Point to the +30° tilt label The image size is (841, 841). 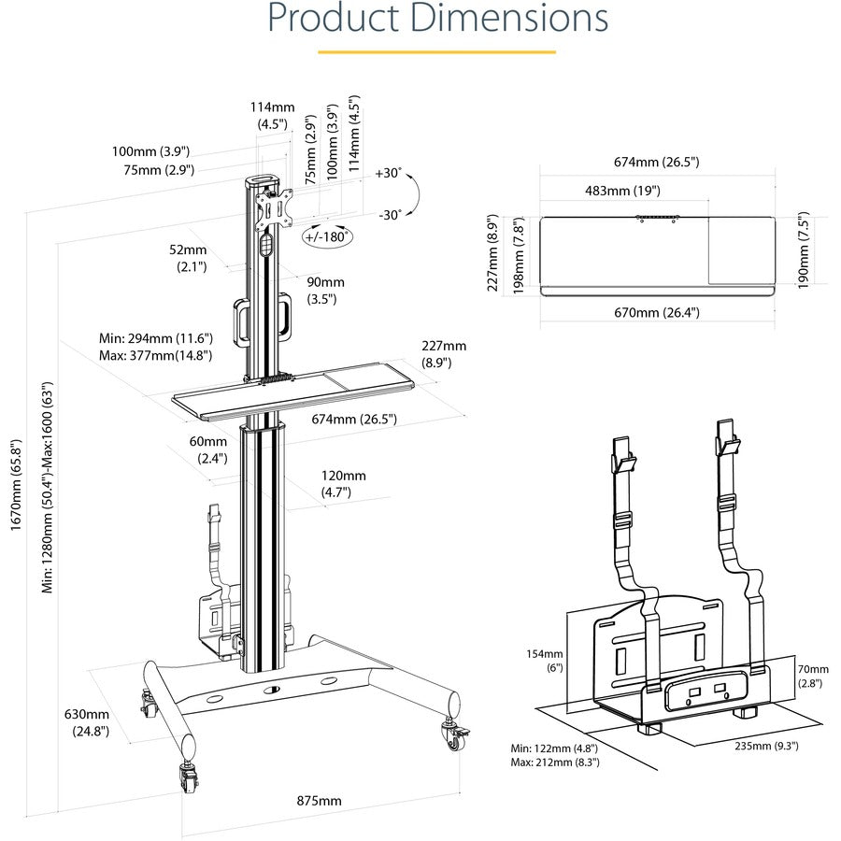[388, 174]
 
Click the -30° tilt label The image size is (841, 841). [390, 215]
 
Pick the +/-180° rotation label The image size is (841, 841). [327, 237]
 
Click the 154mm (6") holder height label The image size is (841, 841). [545, 661]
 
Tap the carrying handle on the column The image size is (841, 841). [264, 319]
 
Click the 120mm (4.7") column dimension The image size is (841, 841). [342, 482]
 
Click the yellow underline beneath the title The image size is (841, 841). [436, 52]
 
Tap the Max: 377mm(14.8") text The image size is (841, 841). [155, 355]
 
